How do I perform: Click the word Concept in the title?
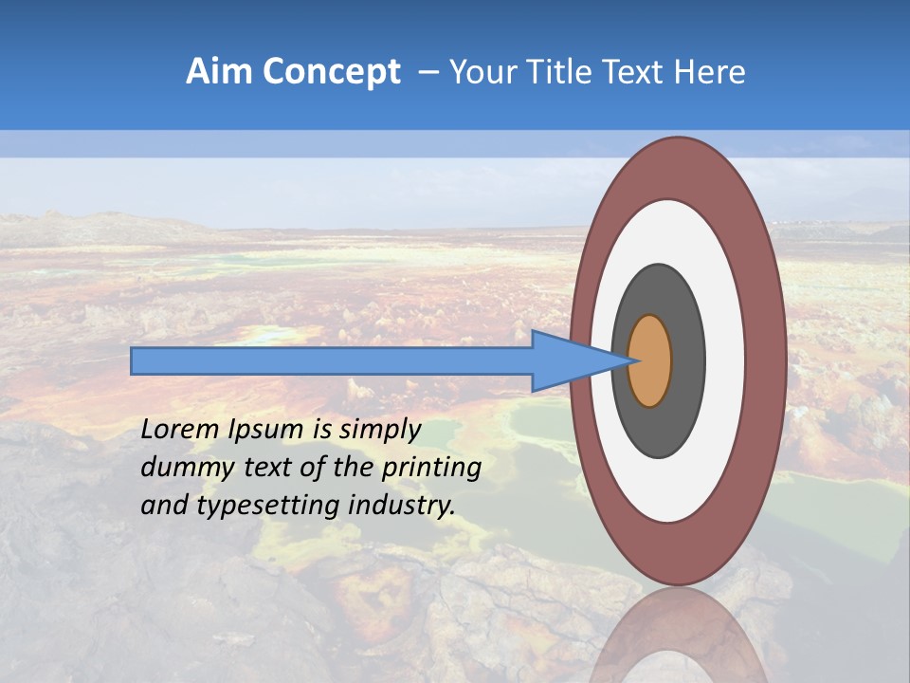(x=331, y=72)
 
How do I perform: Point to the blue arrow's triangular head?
(x=569, y=360)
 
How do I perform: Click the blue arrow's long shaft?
(x=332, y=360)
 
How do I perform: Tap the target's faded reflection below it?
(x=678, y=636)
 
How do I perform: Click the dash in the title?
(x=428, y=72)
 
